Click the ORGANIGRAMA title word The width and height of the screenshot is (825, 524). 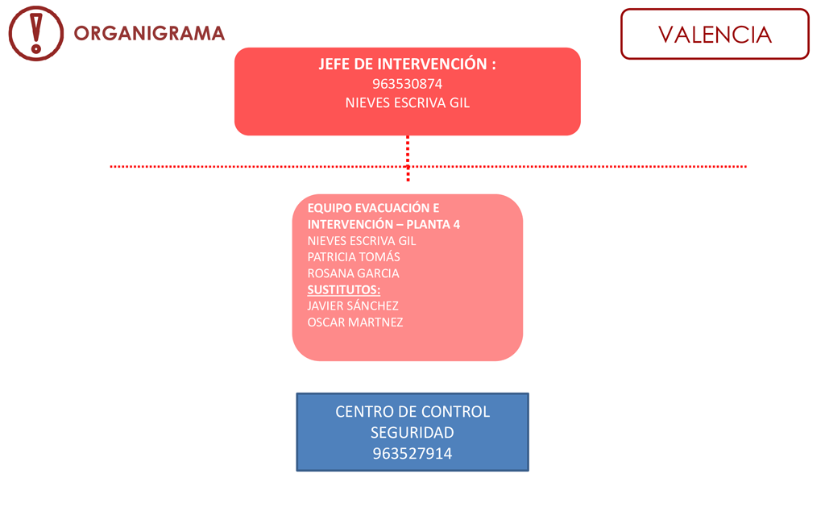click(x=149, y=33)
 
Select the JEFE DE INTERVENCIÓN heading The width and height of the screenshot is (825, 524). click(x=407, y=64)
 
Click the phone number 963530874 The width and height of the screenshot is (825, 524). click(x=407, y=84)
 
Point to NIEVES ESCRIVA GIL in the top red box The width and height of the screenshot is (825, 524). click(x=407, y=102)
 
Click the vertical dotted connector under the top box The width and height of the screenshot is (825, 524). click(x=408, y=159)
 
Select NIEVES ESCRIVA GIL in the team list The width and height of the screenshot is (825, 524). click(x=362, y=241)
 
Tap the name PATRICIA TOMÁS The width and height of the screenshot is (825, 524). click(x=354, y=257)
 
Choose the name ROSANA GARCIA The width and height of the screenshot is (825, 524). click(x=353, y=273)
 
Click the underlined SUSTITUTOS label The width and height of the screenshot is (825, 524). click(x=343, y=289)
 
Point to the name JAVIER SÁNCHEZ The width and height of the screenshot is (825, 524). click(x=353, y=306)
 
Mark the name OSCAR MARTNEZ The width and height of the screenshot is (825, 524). click(x=355, y=322)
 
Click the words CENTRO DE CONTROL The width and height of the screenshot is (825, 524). click(x=412, y=411)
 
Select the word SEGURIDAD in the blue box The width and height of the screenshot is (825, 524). click(x=412, y=432)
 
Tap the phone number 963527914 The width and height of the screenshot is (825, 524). click(x=412, y=453)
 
